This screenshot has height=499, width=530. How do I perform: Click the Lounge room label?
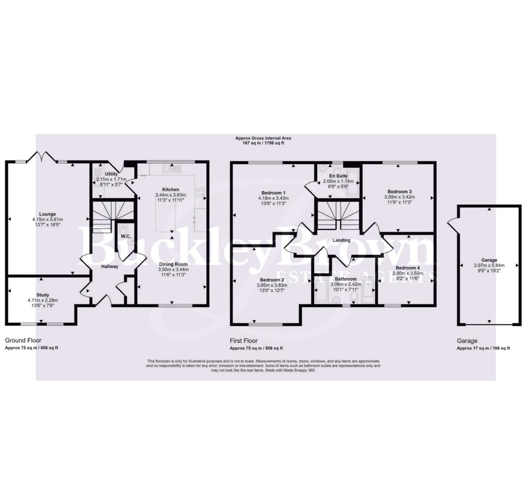48,214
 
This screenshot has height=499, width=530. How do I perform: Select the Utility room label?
111,174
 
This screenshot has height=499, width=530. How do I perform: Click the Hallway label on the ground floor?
110,267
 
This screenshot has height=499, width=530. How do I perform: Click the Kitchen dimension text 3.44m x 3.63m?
170,195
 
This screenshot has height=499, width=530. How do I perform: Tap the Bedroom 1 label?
273,192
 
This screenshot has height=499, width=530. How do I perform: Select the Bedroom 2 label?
271,280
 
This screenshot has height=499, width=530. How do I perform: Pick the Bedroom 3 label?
399,191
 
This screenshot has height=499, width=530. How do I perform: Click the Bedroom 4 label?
406,268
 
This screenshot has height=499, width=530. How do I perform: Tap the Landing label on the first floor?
341,240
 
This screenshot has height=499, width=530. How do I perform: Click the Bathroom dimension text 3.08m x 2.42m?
345,285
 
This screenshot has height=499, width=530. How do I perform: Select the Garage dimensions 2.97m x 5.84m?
489,265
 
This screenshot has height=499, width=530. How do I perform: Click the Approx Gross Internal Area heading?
263,138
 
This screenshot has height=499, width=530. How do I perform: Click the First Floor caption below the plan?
245,341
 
